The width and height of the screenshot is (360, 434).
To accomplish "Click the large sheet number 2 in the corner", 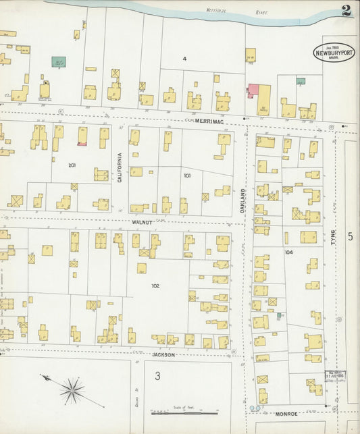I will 345,11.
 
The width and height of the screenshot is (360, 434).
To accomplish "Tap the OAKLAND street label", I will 242,200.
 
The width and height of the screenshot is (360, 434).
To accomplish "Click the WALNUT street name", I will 143,221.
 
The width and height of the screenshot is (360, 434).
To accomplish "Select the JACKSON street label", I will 163,354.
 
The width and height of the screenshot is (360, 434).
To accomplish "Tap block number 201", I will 72,165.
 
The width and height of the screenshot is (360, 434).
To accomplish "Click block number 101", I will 186,175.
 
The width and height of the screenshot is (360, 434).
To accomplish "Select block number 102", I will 155,286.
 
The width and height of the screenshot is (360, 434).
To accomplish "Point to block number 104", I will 288,252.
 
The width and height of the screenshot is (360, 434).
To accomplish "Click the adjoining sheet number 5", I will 350,236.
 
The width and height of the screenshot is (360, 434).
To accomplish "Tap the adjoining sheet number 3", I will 157,376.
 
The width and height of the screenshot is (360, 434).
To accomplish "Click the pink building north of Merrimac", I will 252,90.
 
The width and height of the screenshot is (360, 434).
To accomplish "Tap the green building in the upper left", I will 59,61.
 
